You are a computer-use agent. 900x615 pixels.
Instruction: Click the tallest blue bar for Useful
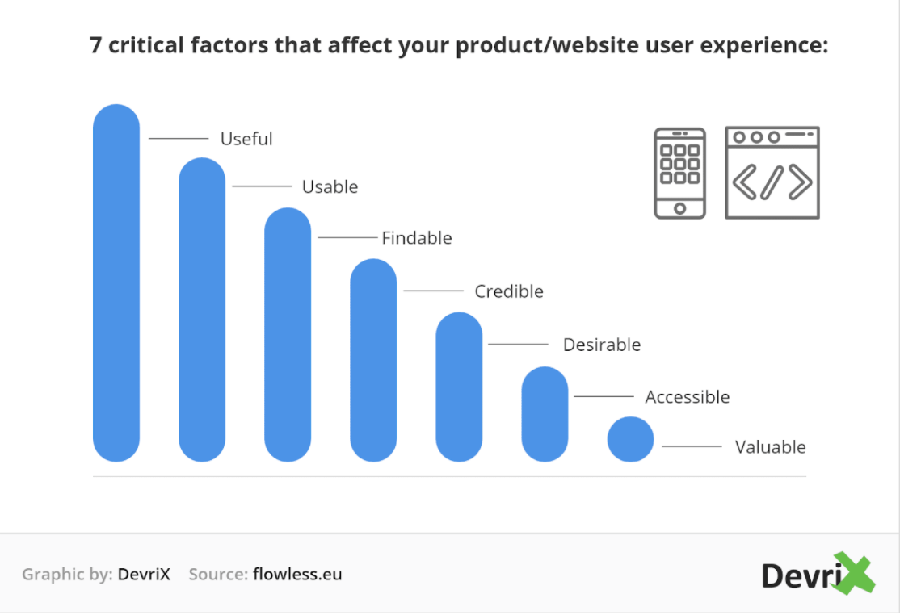pos(116,282)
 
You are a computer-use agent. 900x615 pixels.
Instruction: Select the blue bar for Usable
pos(201,309)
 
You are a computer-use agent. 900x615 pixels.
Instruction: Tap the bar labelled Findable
pos(288,335)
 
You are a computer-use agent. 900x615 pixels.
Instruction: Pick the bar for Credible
pos(373,360)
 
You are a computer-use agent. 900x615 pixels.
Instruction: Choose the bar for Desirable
pos(459,387)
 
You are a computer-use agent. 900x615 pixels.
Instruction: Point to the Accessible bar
pos(545,414)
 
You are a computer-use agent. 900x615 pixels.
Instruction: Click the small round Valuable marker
pos(630,439)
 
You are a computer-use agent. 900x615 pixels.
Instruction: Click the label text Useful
pos(246,139)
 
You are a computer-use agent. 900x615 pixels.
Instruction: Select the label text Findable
pos(417,238)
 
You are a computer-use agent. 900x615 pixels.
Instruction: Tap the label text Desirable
pos(602,345)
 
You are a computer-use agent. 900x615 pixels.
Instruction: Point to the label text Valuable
pos(770,447)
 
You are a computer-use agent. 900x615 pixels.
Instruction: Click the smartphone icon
pos(680,173)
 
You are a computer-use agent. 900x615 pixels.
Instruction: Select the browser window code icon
pos(772,173)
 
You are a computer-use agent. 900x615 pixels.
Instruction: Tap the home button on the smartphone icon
pos(680,208)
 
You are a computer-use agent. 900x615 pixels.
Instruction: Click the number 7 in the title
pos(96,45)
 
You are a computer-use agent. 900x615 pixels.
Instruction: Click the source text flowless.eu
pos(297,575)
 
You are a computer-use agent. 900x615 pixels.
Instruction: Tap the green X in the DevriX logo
pos(854,572)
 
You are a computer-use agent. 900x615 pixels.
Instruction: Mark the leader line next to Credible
pos(433,291)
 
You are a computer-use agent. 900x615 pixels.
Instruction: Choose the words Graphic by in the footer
pos(67,575)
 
